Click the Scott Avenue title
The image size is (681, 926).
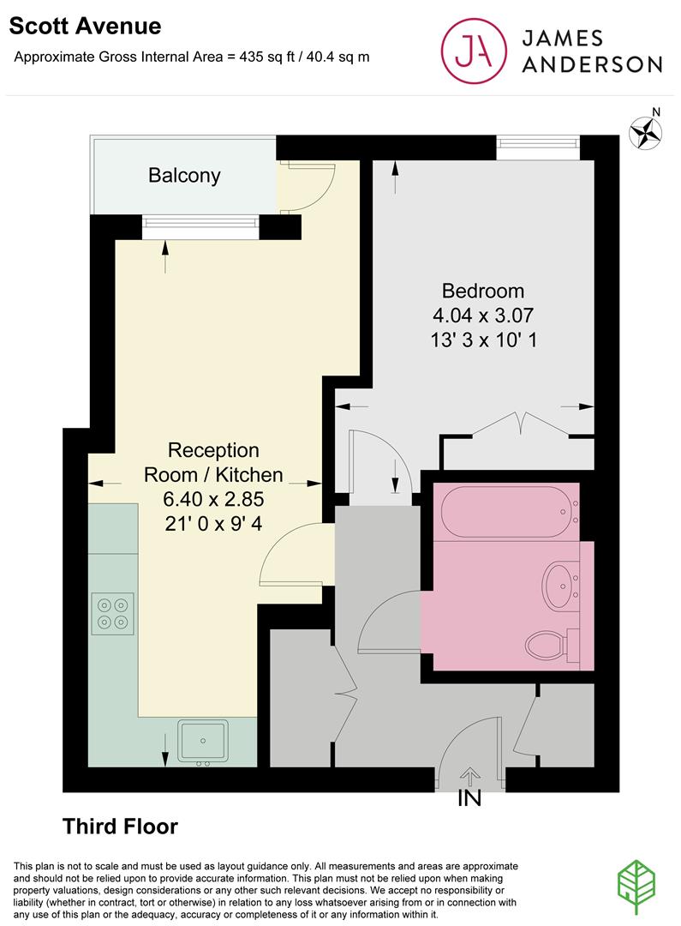(x=85, y=27)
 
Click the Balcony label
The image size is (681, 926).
(x=184, y=176)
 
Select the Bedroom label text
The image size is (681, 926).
(x=482, y=290)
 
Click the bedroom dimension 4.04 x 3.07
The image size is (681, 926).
(x=482, y=314)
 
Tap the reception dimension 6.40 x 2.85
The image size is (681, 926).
(x=212, y=498)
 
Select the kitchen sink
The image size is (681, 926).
(x=203, y=742)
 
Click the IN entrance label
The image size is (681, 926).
(x=469, y=798)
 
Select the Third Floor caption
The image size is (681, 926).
(x=120, y=827)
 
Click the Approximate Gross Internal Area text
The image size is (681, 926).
(x=192, y=57)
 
